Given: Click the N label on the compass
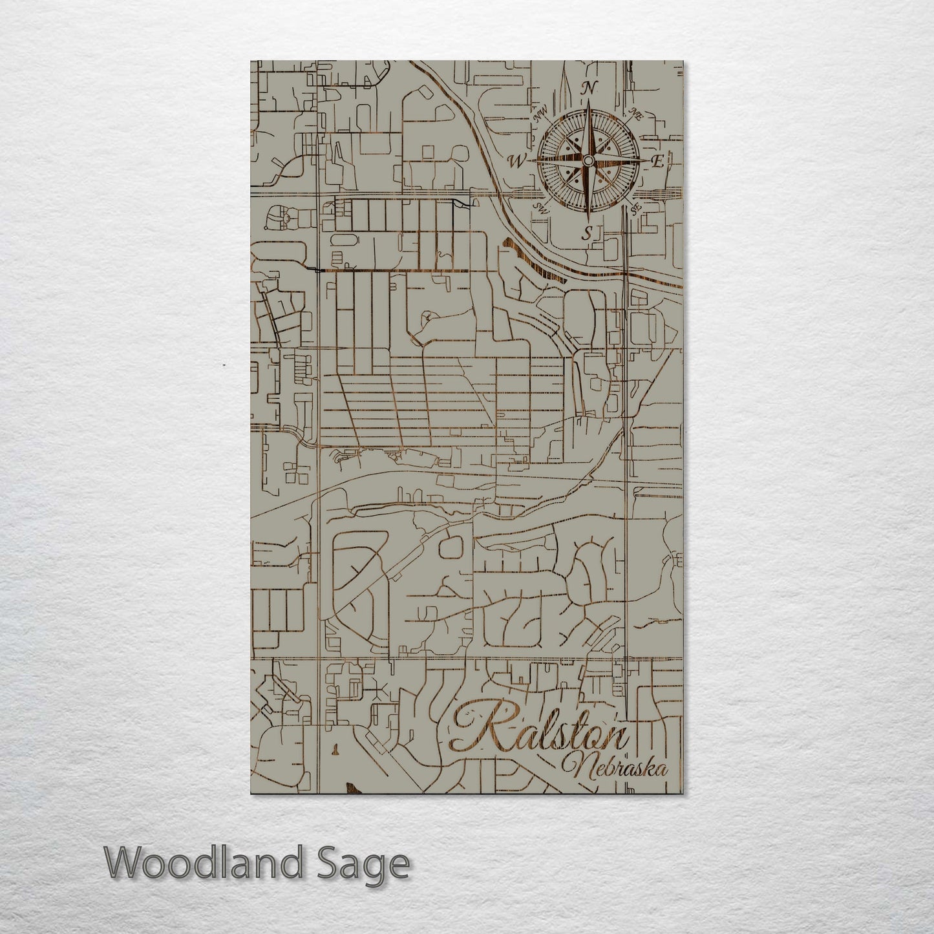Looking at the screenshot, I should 589,89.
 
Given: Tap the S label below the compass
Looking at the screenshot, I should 587,233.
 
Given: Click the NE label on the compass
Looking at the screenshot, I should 635,116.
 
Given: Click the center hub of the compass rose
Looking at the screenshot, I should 588,161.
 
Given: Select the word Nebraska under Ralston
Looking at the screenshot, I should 616,768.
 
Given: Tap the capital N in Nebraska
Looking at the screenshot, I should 577,767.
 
